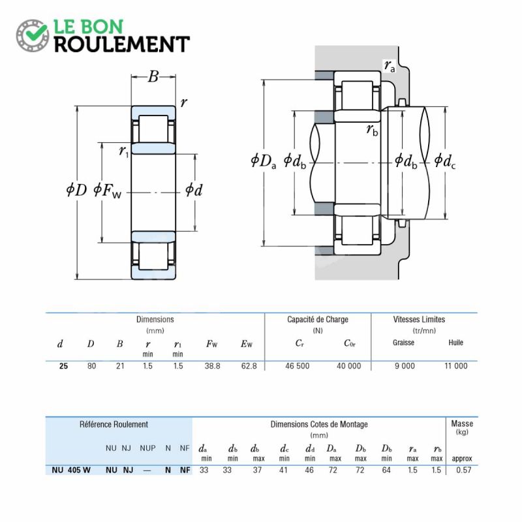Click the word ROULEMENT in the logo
122,44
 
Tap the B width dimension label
153,76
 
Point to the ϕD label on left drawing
76,190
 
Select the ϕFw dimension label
108,191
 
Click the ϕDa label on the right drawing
264,161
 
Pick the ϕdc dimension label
445,161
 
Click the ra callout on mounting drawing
390,66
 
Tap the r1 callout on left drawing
124,152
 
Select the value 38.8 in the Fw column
213,366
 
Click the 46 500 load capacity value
298,366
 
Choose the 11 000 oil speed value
456,366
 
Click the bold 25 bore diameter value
63,366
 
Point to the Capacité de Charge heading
318,320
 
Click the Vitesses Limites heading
419,320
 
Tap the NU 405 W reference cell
71,470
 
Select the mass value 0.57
464,470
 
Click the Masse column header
462,423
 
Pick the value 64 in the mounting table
386,470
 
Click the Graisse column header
403,343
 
